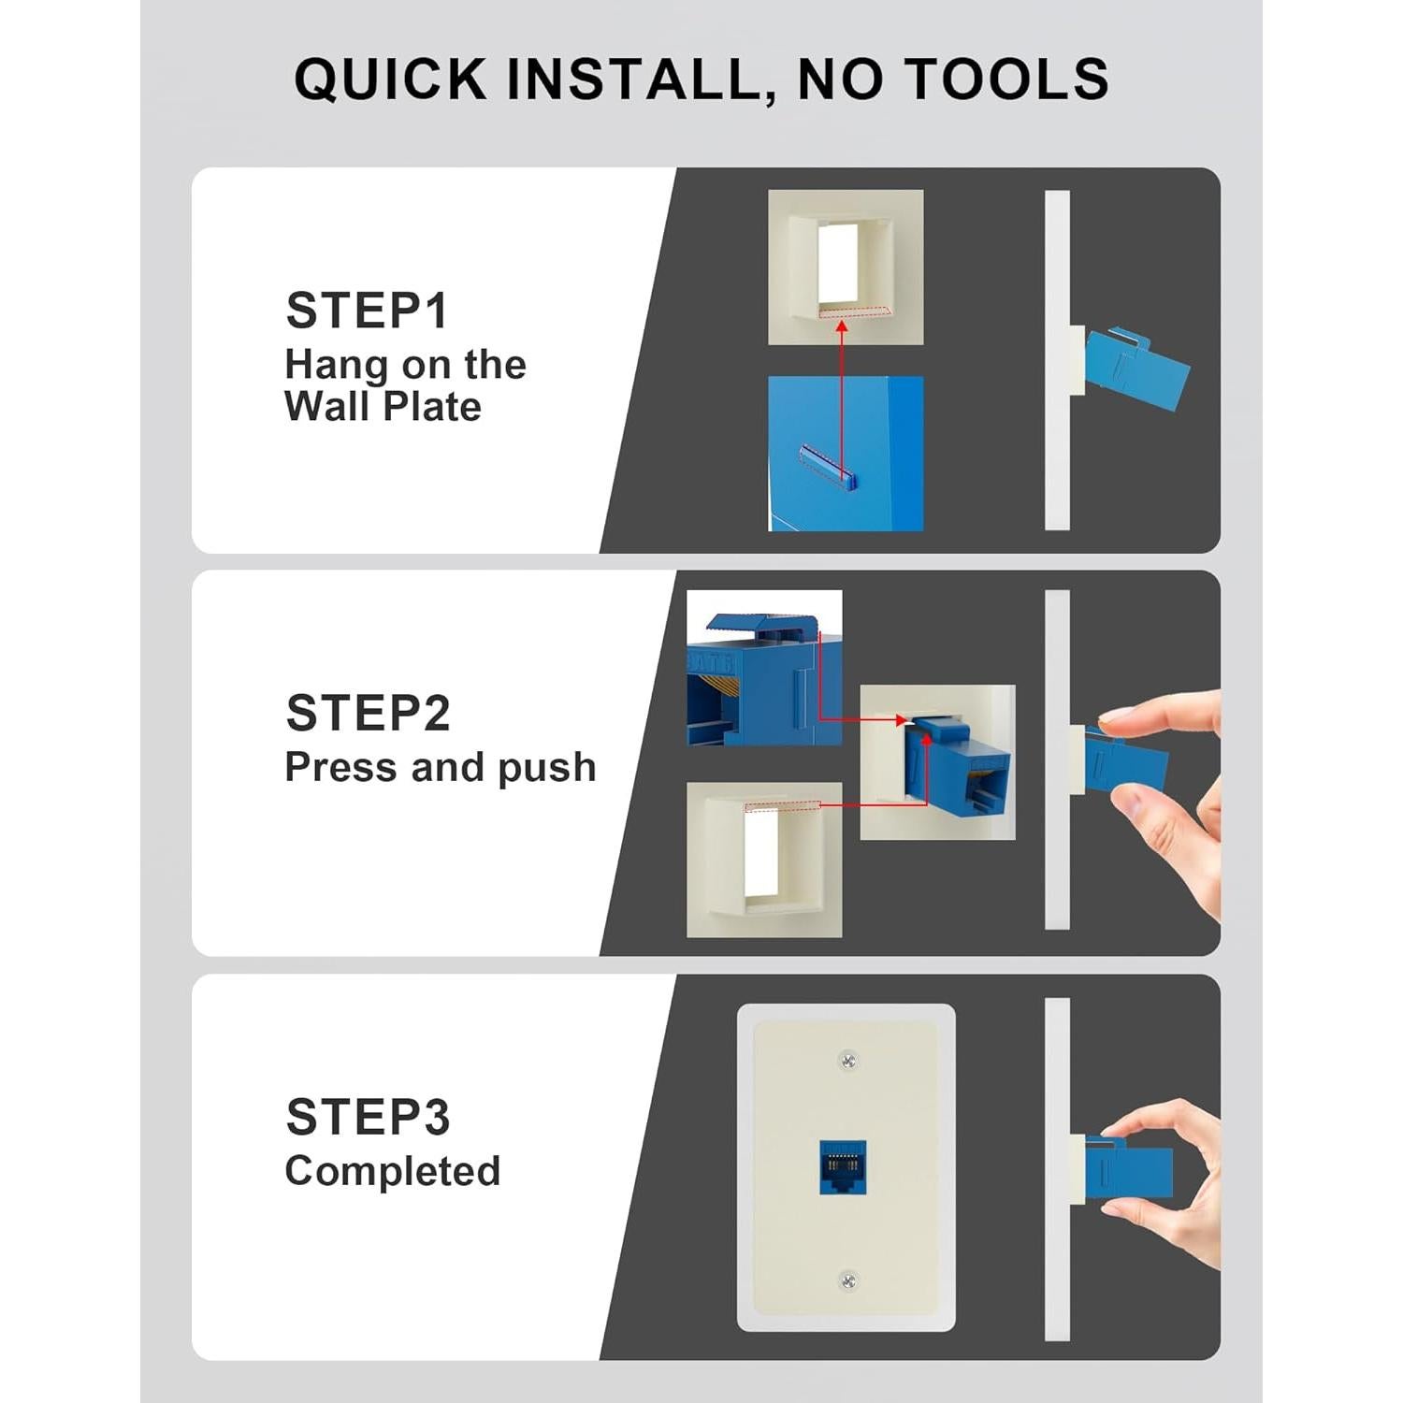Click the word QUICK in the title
pyautogui.click(x=391, y=79)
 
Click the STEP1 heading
pyautogui.click(x=367, y=311)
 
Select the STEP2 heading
pyautogui.click(x=368, y=714)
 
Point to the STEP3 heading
pyautogui.click(x=368, y=1117)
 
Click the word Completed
pyautogui.click(x=393, y=1171)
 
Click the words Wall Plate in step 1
pyautogui.click(x=383, y=407)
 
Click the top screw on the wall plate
pyautogui.click(x=847, y=1061)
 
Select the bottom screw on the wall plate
pyautogui.click(x=847, y=1280)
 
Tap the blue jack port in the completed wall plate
pyautogui.click(x=843, y=1167)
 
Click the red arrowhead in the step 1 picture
pyautogui.click(x=842, y=326)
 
